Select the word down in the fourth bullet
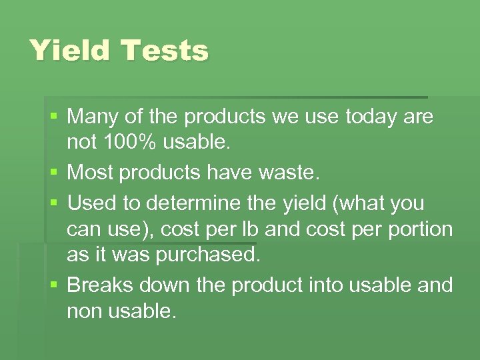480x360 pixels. [x=163, y=285]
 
